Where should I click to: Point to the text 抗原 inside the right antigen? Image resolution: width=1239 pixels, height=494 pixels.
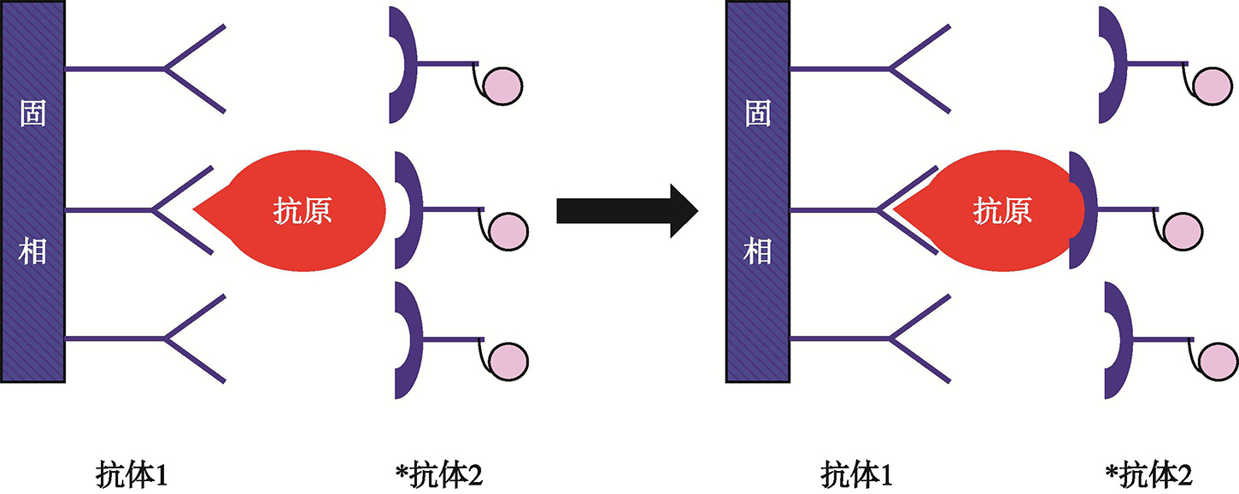[x=1002, y=210]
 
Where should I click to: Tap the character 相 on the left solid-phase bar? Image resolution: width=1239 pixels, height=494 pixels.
[x=32, y=252]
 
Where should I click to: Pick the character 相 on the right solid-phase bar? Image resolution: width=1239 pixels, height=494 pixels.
[x=758, y=252]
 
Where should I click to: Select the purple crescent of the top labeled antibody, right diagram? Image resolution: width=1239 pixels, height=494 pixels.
[x=1111, y=64]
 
